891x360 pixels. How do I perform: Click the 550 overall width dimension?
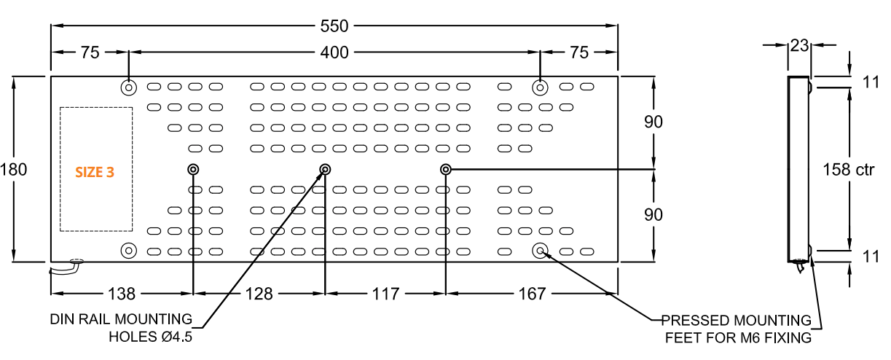point(334,26)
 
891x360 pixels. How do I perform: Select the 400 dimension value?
point(334,52)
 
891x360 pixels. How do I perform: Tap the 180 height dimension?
point(14,170)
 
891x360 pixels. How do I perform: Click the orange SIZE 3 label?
point(95,172)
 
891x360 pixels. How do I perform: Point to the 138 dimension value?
point(122,294)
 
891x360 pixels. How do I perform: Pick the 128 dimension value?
point(259,294)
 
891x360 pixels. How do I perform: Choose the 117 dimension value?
point(385,294)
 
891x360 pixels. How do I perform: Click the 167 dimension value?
point(532,294)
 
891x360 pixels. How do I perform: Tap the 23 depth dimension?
point(799,45)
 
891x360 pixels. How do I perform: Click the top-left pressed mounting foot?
point(128,88)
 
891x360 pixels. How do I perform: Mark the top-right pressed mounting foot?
point(540,88)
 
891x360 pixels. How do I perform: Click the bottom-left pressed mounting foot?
point(128,251)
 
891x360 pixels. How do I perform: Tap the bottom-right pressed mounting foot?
point(540,251)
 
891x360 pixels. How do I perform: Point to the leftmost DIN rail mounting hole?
point(193,170)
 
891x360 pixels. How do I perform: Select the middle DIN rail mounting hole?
point(325,170)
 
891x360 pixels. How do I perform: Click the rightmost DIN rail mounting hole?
point(445,170)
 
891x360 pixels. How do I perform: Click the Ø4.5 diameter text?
point(176,337)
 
